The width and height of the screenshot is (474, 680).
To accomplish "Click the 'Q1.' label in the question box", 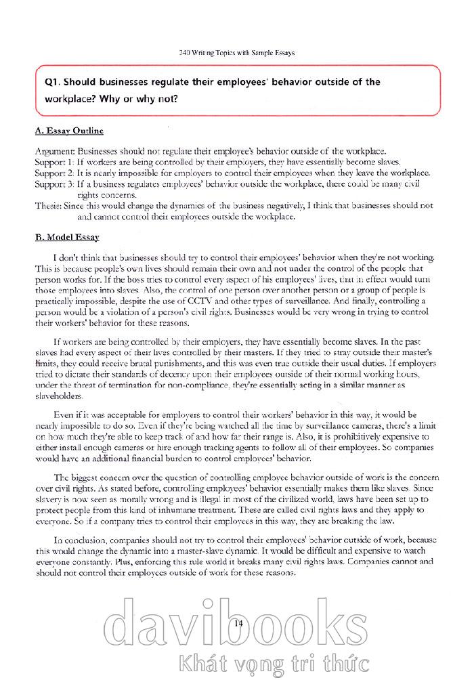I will click(56, 82).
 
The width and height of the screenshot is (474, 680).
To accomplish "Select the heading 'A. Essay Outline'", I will click(69, 131).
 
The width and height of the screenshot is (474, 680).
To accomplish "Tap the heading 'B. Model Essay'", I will click(67, 237).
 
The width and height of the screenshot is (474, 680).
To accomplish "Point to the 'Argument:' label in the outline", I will click(55, 152).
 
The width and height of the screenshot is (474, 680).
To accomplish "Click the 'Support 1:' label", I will click(53, 163).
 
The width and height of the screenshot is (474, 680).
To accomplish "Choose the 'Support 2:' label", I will click(53, 173).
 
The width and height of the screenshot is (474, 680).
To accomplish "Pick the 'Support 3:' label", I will click(53, 184).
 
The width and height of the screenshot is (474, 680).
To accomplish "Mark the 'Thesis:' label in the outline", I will click(48, 205).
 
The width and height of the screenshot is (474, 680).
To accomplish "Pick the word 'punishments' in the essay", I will click(163, 364).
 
